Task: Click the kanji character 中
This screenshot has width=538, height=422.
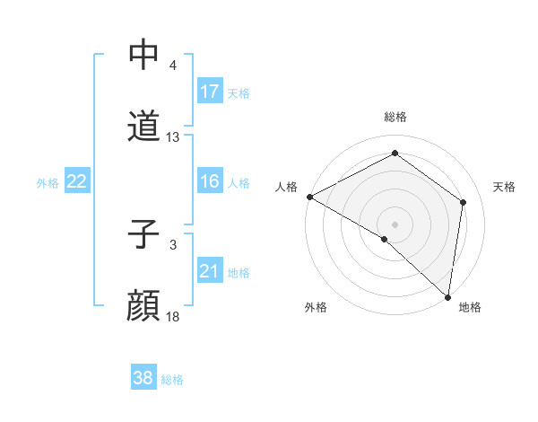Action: [x=144, y=55]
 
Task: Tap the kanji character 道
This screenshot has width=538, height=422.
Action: [x=144, y=127]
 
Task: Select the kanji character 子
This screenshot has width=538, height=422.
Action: [x=144, y=234]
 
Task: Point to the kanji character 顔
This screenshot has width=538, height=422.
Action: [x=144, y=306]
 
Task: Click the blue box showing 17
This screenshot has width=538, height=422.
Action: [x=210, y=92]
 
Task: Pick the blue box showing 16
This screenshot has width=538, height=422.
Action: [x=210, y=182]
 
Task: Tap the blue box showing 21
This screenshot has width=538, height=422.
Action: [x=210, y=271]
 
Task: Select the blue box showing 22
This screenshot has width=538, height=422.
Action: [x=77, y=182]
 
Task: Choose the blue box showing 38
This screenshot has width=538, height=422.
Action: [x=143, y=379]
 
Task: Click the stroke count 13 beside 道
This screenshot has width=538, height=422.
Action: [x=173, y=137]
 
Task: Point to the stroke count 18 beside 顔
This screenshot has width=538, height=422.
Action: [x=173, y=317]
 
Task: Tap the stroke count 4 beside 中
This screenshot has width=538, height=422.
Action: [x=172, y=66]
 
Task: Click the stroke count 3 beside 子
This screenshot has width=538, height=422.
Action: [x=172, y=245]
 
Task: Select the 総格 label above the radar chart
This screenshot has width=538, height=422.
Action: [x=395, y=118]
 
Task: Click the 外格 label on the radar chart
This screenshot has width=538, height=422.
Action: [x=316, y=307]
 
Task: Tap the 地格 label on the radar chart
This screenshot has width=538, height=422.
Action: [x=470, y=307]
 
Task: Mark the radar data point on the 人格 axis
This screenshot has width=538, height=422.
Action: [x=309, y=197]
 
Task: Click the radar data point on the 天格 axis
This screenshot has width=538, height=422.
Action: [x=464, y=202]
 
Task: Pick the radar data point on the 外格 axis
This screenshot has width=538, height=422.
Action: [x=385, y=239]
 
